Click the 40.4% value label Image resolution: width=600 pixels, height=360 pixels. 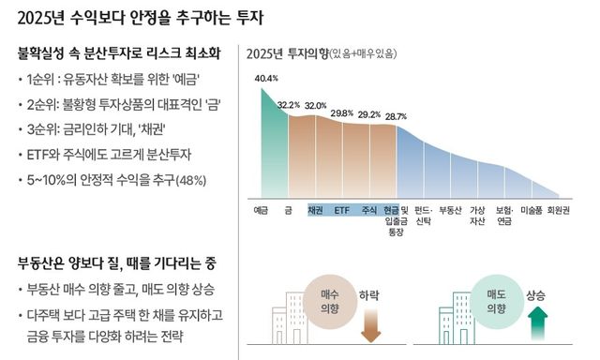pos(265,78)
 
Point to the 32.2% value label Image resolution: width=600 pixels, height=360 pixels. pos(288,105)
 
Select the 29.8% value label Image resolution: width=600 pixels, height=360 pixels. pos(341,112)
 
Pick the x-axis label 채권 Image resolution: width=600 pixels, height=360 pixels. pos(315,209)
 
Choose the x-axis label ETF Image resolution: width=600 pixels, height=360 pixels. pos(342,209)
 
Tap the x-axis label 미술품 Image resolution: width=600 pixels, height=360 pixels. pos(533,209)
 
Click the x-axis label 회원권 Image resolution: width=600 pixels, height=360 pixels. pos(561,209)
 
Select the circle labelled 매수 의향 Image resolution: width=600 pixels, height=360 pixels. pos(329,300)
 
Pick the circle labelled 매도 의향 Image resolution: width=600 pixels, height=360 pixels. pos(496,300)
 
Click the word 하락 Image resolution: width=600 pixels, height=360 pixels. pos(370,293)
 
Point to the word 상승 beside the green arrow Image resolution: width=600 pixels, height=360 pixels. pos(536,293)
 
